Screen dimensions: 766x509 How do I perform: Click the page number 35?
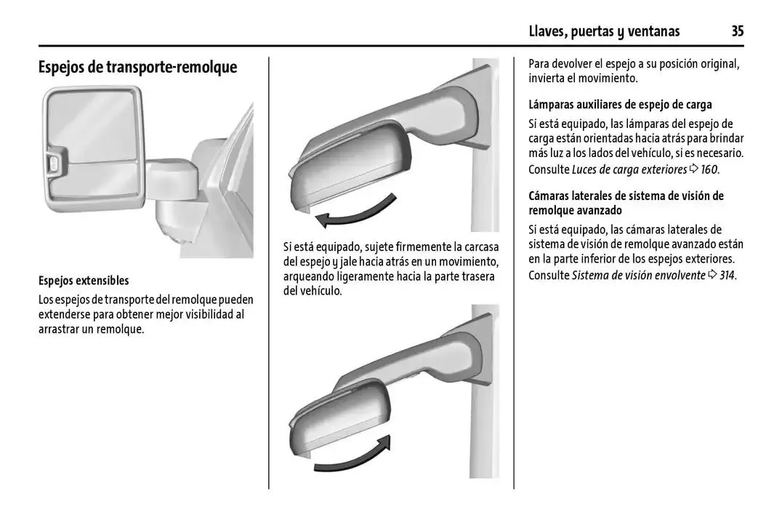tap(737, 31)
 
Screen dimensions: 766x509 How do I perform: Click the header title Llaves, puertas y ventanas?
tap(604, 32)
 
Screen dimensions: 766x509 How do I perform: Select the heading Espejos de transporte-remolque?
tap(138, 67)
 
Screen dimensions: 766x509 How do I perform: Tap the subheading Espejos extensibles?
tap(84, 281)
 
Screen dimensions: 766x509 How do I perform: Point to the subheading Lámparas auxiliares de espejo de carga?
tap(620, 105)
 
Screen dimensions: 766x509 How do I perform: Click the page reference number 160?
tap(709, 169)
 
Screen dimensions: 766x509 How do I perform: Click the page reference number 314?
tap(727, 276)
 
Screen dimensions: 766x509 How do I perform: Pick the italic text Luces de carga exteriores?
tap(629, 169)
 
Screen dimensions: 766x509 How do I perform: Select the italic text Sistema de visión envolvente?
tap(639, 276)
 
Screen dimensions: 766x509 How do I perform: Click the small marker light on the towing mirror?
tap(53, 164)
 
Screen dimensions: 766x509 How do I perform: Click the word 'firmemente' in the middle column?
tap(424, 247)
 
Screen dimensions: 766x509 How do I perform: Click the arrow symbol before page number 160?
tap(694, 169)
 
